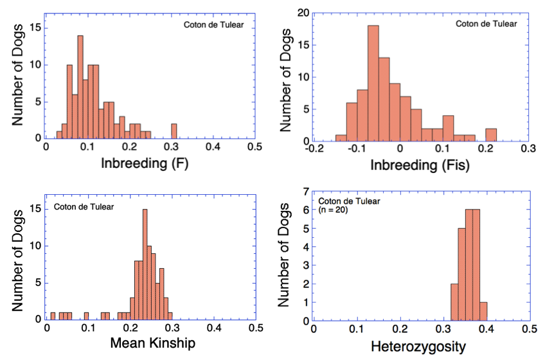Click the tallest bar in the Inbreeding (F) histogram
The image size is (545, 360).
[80, 87]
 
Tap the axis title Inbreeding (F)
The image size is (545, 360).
[150, 165]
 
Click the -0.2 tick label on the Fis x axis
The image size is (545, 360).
[312, 150]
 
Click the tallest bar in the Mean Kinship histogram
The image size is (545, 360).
[145, 264]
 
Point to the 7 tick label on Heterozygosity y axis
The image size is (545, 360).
[307, 192]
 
